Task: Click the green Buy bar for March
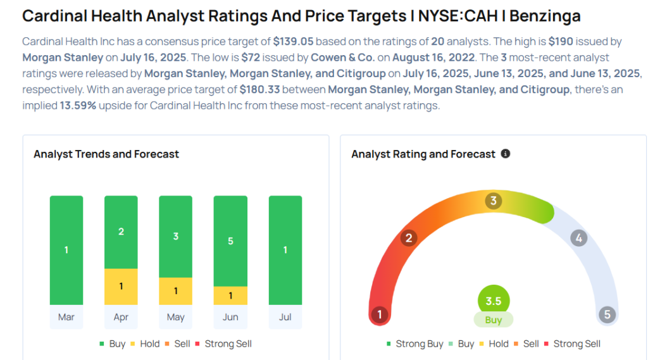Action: [66, 250]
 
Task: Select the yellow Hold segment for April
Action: [121, 287]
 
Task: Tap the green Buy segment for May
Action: [175, 237]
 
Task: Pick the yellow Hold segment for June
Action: [230, 295]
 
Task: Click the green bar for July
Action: [285, 250]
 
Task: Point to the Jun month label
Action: [230, 317]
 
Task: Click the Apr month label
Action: [121, 317]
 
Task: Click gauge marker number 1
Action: [380, 314]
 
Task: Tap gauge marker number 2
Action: [409, 238]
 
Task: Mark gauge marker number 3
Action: [494, 201]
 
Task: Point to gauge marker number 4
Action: [578, 238]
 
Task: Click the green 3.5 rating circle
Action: [494, 301]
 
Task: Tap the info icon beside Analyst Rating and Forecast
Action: [506, 154]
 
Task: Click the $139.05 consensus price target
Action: [294, 41]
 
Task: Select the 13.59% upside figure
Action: [78, 105]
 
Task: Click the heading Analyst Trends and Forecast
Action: [106, 154]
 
